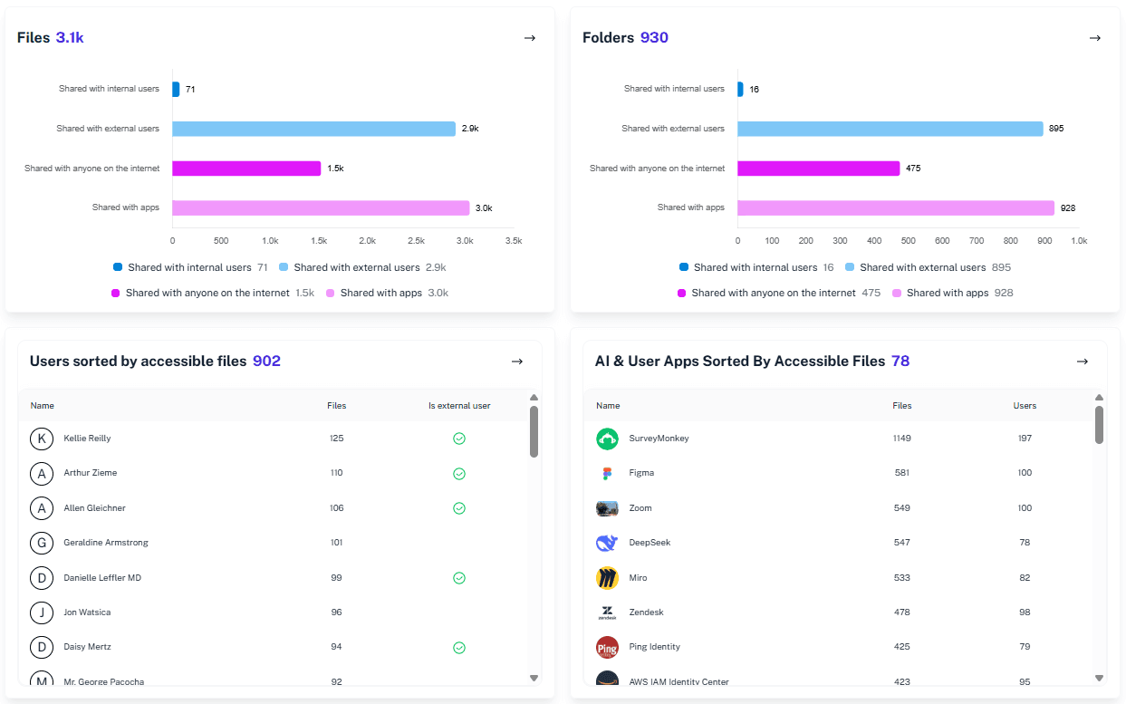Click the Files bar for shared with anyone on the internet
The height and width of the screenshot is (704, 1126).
click(246, 169)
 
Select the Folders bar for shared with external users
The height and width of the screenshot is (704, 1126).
click(890, 129)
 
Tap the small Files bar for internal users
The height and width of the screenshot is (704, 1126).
click(176, 89)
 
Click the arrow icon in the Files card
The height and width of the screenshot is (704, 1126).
click(530, 38)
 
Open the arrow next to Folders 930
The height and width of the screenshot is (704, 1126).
click(1094, 38)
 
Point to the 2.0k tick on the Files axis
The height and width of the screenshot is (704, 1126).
click(367, 241)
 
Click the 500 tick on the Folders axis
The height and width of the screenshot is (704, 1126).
click(909, 241)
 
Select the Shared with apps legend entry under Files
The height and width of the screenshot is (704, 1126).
click(380, 293)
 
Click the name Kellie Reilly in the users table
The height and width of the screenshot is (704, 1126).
click(87, 439)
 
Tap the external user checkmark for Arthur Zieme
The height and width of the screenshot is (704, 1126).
click(459, 474)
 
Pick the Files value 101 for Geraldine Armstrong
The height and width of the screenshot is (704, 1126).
click(337, 543)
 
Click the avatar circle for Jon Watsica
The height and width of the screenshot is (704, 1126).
click(42, 612)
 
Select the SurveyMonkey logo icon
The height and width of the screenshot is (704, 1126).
click(607, 439)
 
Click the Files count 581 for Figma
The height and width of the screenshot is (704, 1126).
click(901, 473)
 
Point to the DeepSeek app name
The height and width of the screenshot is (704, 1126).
click(650, 543)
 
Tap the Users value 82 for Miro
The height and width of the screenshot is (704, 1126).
click(1025, 578)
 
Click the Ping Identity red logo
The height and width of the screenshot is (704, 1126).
click(607, 648)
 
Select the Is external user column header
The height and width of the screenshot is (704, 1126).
click(459, 406)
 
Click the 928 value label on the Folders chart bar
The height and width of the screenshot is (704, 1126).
click(1068, 208)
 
